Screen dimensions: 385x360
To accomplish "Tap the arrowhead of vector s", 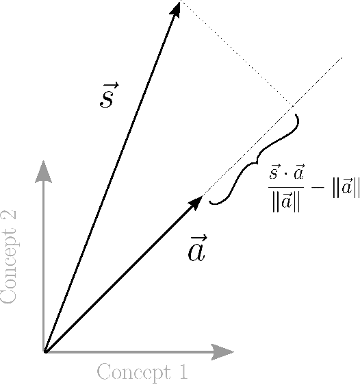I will pos(177,9).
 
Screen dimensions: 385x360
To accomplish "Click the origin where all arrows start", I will pos(44,352).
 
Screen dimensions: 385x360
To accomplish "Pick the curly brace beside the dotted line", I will pos(254,162).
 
